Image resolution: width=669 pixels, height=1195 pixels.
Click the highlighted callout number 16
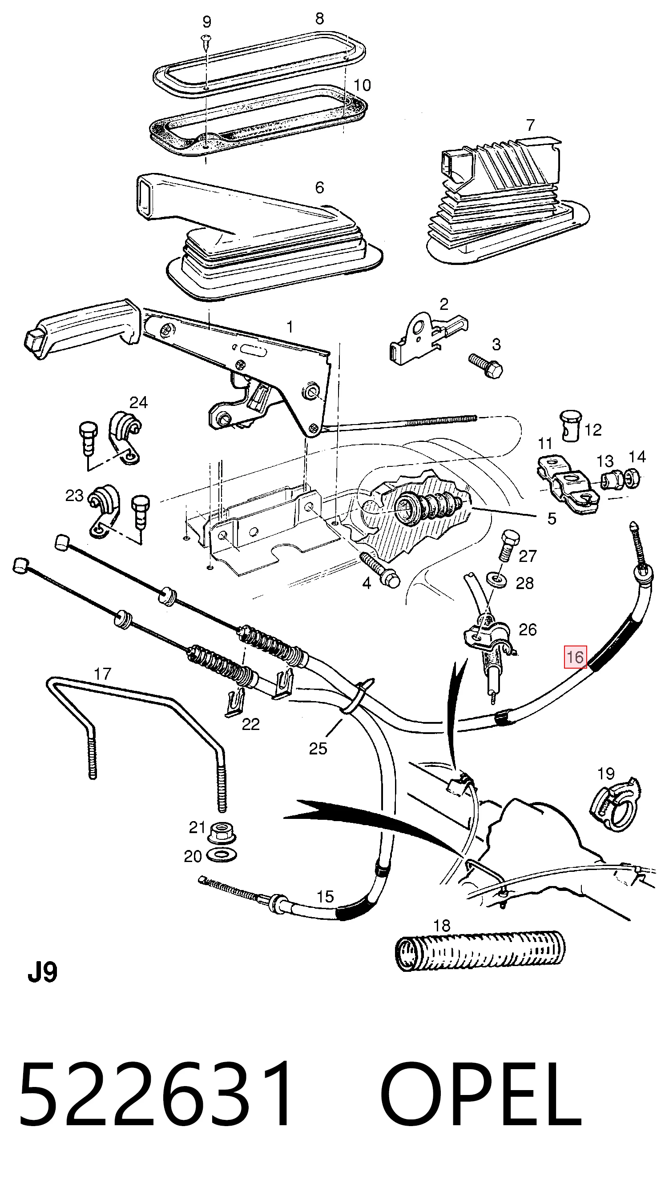(575, 657)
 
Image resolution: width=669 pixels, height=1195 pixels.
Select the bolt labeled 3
(486, 366)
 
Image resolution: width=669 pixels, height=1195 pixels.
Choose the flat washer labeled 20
(221, 854)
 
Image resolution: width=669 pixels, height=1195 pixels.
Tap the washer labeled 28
(497, 580)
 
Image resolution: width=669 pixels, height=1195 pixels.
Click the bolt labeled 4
(380, 570)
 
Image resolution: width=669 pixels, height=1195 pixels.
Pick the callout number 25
(318, 748)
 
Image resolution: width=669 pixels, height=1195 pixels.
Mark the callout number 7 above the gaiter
(530, 125)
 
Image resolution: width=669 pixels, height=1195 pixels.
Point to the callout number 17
(103, 674)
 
